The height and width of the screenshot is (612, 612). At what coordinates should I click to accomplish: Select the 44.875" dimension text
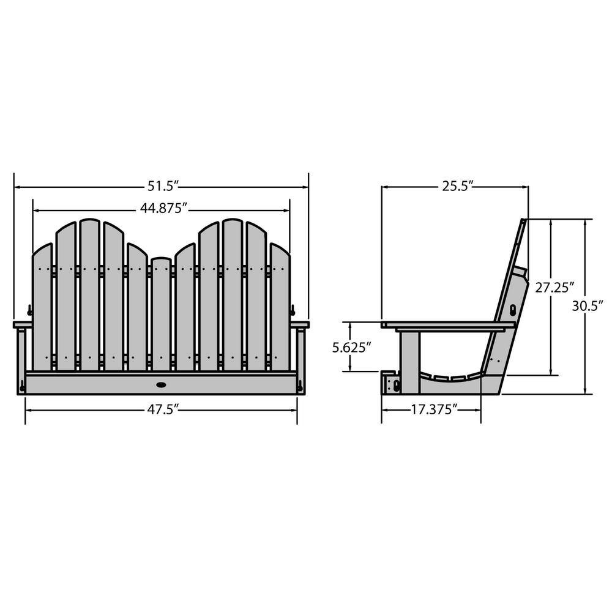pos(162,209)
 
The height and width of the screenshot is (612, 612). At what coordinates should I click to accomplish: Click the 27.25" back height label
pos(555,288)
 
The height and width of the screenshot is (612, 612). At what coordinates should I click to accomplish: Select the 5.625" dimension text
pos(351,347)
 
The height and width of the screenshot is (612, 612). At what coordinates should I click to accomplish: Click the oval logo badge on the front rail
pos(162,385)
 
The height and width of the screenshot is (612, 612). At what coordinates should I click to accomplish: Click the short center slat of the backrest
pos(161,312)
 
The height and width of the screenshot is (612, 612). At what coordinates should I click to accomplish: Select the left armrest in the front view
pos(23,324)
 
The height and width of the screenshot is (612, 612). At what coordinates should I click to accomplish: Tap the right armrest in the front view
pos(300,324)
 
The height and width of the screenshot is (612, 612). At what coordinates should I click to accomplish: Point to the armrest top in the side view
pos(447,325)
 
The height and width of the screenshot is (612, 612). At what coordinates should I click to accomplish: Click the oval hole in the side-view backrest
pos(512,310)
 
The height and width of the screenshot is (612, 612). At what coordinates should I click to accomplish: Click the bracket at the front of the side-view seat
pos(392,384)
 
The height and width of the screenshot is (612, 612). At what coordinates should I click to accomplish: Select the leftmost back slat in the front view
pos(42,306)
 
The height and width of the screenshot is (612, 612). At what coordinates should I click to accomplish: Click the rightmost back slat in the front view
pos(280,306)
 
